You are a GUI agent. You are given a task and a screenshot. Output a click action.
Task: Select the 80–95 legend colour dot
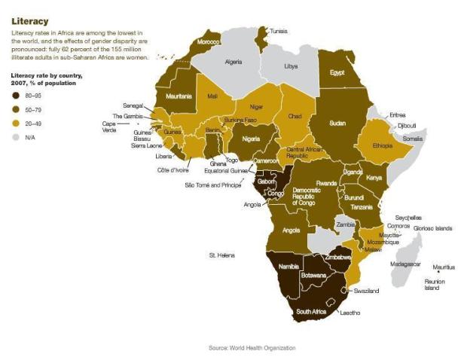pos(16,96)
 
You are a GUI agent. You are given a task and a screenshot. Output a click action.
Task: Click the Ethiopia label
pos(380,146)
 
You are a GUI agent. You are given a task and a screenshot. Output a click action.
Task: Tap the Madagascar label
pos(404,264)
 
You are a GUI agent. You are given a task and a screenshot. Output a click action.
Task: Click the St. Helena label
pos(221,256)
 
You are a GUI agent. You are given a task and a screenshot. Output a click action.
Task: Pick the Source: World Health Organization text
pos(252,347)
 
